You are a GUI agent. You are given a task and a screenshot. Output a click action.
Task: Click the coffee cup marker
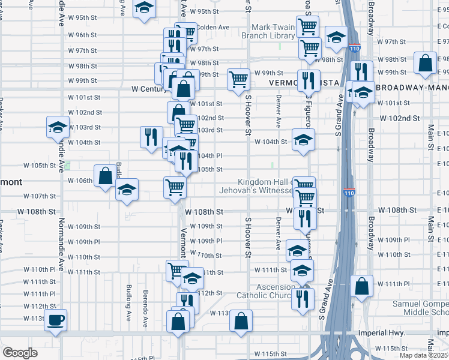(x=56, y=320)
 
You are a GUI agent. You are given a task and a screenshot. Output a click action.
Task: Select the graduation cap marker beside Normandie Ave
(x=58, y=127)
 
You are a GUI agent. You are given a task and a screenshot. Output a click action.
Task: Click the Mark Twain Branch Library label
(x=265, y=31)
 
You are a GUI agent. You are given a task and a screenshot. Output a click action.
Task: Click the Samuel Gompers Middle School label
(x=420, y=308)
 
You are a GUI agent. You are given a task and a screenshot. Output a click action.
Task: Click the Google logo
(x=20, y=353)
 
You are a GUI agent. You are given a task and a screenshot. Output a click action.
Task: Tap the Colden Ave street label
(x=213, y=27)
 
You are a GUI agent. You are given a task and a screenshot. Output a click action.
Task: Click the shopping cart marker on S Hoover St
(x=238, y=79)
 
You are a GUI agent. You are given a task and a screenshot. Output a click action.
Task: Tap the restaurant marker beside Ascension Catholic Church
(x=303, y=298)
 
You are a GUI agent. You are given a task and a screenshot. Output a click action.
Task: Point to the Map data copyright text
(x=424, y=355)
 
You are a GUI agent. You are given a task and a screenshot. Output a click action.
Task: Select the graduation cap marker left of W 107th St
(x=127, y=190)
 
